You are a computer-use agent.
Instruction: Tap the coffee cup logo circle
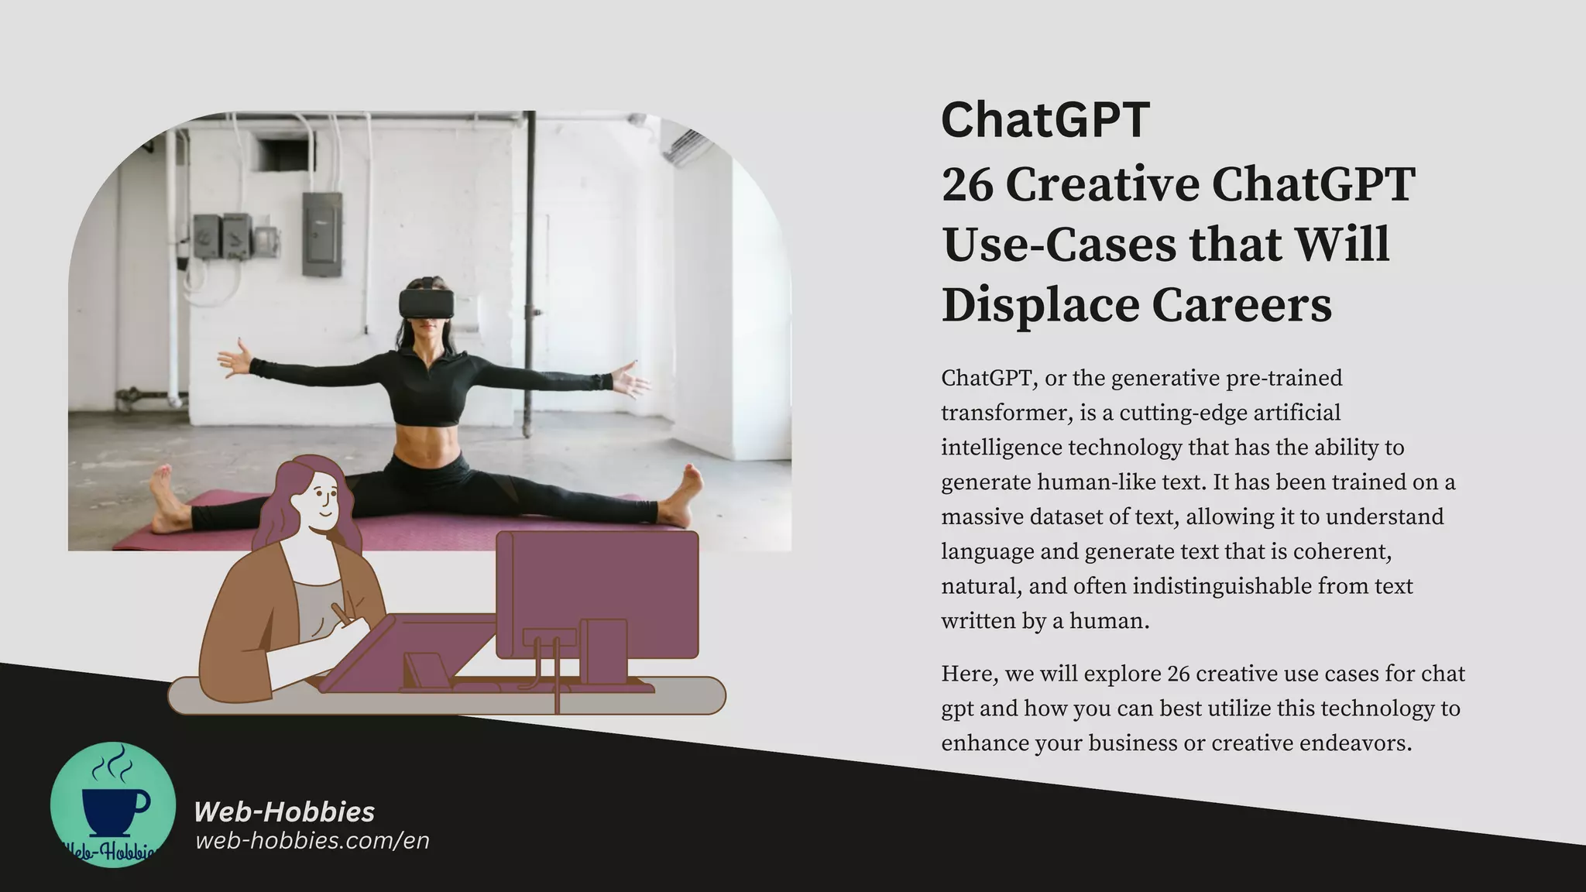pyautogui.click(x=113, y=805)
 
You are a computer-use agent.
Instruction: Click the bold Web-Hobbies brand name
pyautogui.click(x=283, y=811)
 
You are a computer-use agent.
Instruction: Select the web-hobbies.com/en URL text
pyautogui.click(x=312, y=841)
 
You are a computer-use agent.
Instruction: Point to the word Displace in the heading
pyautogui.click(x=1039, y=304)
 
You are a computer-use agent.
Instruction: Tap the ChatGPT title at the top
pyautogui.click(x=1045, y=120)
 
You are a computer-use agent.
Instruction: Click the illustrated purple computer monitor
pyautogui.click(x=597, y=593)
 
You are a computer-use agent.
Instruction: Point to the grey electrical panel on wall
pyautogui.click(x=321, y=234)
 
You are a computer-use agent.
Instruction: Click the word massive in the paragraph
pyautogui.click(x=978, y=516)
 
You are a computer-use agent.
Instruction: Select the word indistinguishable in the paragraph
pyautogui.click(x=1222, y=586)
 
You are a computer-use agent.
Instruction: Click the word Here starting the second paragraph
pyautogui.click(x=968, y=674)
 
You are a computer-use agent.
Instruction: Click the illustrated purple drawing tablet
pyautogui.click(x=407, y=650)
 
